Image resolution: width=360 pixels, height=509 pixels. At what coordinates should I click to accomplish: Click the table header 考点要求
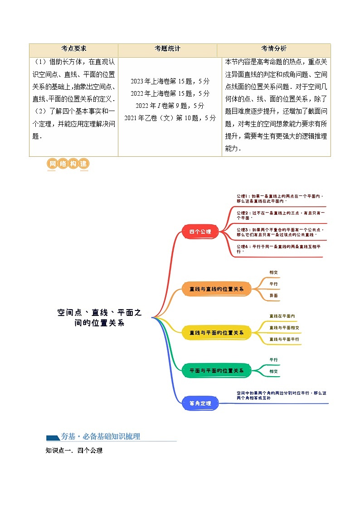(x=73, y=49)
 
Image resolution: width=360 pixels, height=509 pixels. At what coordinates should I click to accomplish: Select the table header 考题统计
(x=167, y=49)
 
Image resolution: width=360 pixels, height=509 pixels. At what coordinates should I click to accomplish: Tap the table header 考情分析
(x=273, y=49)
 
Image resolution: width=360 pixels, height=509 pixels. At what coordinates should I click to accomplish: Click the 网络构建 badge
(x=68, y=164)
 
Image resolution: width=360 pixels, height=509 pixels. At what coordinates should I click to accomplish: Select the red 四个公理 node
(x=200, y=232)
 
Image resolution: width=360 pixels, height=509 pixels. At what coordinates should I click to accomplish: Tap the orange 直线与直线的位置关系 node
(x=216, y=289)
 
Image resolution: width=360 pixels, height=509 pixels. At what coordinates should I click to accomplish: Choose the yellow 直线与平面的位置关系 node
(x=216, y=333)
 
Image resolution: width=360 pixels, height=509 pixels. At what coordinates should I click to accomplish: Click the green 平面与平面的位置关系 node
(x=216, y=370)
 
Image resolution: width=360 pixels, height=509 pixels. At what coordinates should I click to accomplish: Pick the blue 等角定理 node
(x=200, y=403)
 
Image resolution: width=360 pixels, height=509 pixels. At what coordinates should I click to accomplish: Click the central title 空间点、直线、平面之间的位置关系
(x=99, y=318)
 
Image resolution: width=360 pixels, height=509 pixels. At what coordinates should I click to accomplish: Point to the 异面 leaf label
(x=273, y=296)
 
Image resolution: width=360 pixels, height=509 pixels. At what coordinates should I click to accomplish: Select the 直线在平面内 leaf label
(x=282, y=316)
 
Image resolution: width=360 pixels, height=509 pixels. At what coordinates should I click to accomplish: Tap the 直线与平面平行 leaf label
(x=284, y=339)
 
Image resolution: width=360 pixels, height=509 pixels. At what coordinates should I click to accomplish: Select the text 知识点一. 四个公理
(x=74, y=451)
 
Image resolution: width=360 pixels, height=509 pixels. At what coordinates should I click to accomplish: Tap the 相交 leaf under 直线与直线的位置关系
(x=273, y=272)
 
